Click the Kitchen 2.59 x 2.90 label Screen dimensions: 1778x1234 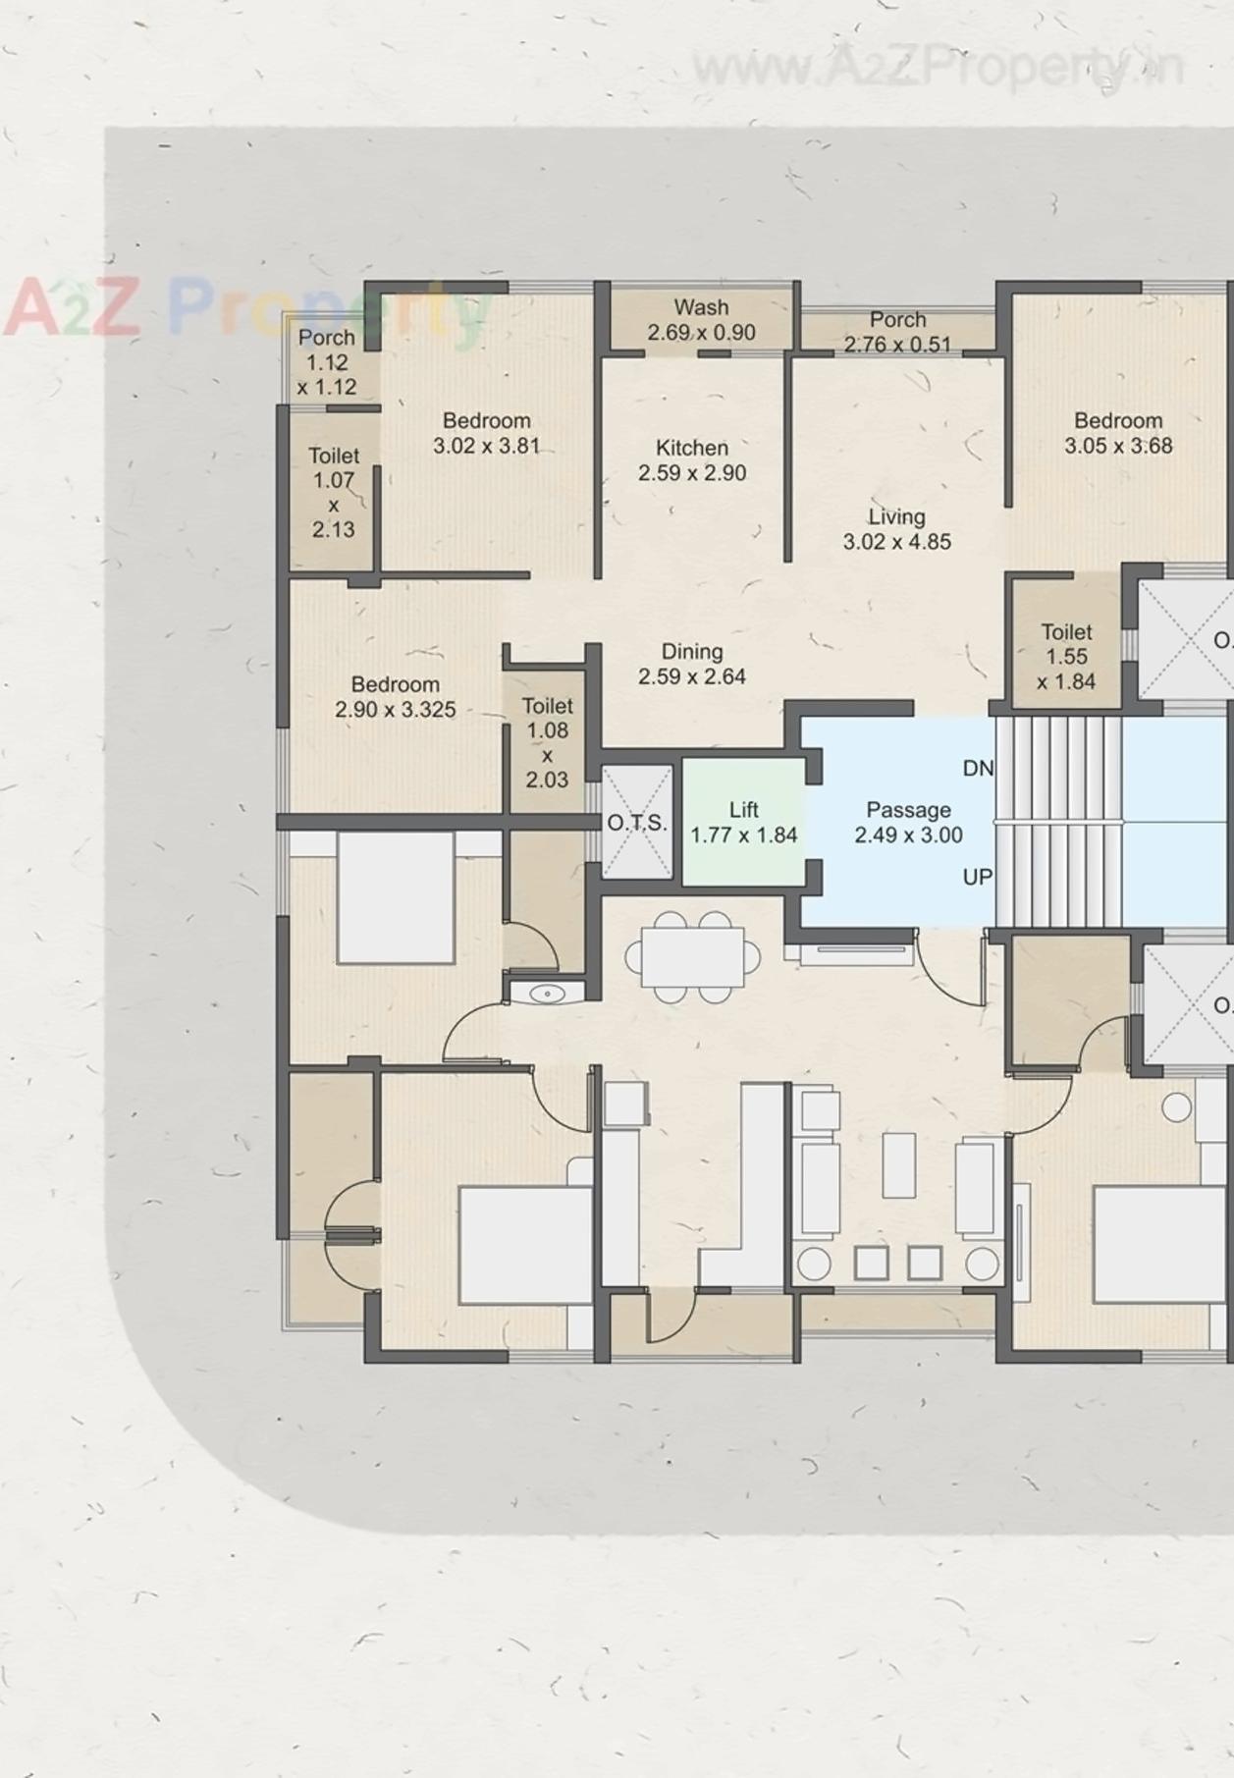pos(692,460)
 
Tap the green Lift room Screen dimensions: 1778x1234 pos(743,823)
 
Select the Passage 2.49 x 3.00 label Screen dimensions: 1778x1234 pos(908,823)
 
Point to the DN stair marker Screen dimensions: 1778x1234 pos(978,769)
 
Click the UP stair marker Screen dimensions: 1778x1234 pos(977,877)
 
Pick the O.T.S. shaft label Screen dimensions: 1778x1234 pos(636,823)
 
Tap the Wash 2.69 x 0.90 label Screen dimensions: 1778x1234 pos(701,320)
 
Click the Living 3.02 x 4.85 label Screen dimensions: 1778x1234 pos(896,529)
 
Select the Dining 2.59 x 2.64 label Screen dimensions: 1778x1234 pos(692,664)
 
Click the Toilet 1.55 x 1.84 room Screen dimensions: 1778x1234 pos(1066,656)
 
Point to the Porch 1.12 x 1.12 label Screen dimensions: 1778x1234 pos(327,361)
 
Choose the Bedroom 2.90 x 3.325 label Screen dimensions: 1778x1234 pos(396,697)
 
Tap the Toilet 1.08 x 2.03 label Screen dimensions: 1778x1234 pos(547,742)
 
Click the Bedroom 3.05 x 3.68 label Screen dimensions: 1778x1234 pos(1118,433)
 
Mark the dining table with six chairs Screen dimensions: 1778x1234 pos(693,957)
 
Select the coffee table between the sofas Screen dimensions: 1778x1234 pos(898,1164)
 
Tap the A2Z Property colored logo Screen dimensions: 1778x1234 pos(245,309)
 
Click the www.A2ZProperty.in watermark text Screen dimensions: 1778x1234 pos(938,68)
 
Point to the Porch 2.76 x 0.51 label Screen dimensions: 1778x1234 pos(897,332)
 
